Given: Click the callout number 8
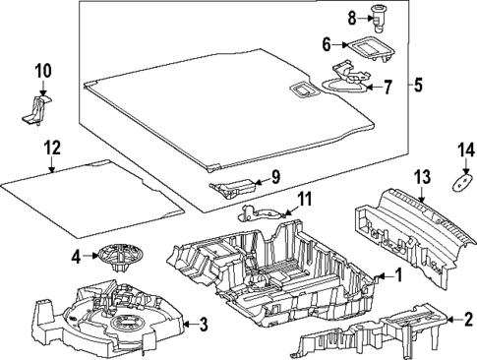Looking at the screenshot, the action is tap(352, 19).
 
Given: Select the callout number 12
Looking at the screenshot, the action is tap(52, 148).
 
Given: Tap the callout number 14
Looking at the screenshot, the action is tap(466, 150).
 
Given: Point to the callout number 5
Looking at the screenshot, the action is tap(418, 85).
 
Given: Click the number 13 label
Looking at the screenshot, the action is tap(422, 177).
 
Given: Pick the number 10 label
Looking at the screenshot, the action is tap(43, 71).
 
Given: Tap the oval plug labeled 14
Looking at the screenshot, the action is tap(462, 182).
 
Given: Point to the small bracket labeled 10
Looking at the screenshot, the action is tap(36, 109).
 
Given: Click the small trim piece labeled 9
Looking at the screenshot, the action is tap(233, 189).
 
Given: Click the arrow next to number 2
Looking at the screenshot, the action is tap(454, 319).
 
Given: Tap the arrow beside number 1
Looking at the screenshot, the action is tap(386, 276).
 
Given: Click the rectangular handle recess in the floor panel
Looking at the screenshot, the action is tap(305, 90).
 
